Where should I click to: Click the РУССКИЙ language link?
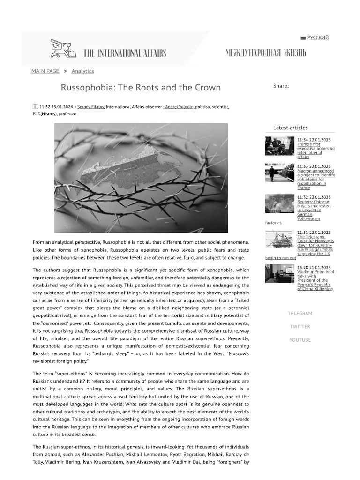(x=318, y=37)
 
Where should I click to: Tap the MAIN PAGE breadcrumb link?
(x=45, y=71)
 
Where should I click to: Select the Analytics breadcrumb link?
(x=82, y=71)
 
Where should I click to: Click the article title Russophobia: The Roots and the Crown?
(x=141, y=87)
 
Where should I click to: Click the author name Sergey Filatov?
(x=91, y=107)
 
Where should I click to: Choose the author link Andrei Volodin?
(x=180, y=107)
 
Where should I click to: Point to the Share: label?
(x=281, y=86)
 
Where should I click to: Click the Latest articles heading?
(x=291, y=127)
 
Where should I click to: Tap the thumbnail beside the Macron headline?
(x=279, y=172)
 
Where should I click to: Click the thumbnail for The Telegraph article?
(x=279, y=239)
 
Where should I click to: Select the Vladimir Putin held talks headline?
(x=315, y=280)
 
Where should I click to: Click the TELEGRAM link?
(x=300, y=313)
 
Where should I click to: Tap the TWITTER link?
(x=300, y=326)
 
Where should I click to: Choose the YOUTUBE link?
(x=300, y=339)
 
